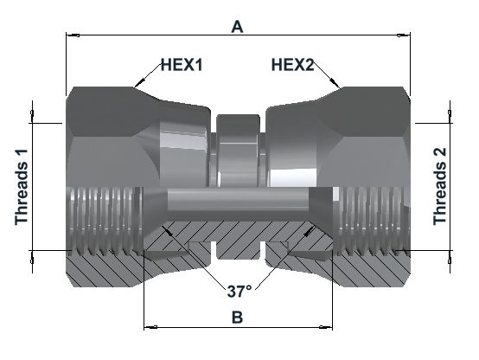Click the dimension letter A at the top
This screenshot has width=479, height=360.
tap(237, 27)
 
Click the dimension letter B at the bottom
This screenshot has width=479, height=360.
tap(238, 318)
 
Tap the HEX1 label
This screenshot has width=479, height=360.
tap(182, 65)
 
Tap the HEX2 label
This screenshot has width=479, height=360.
tap(292, 65)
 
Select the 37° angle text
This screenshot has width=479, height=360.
tap(239, 291)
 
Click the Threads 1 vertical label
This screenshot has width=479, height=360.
tap(22, 187)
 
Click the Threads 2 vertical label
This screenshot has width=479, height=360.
tap(440, 187)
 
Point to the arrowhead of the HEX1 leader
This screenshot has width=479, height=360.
tap(138, 82)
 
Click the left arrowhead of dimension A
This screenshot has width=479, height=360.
tap(73, 35)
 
